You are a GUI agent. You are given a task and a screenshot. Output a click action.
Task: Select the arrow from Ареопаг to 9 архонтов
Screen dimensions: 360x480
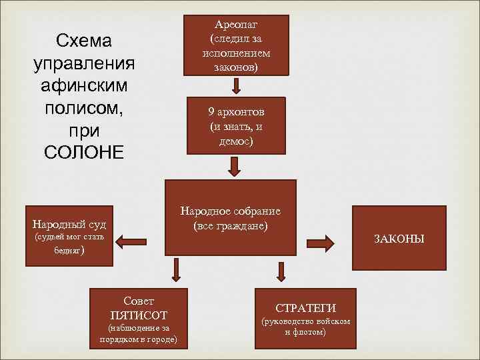click(x=236, y=85)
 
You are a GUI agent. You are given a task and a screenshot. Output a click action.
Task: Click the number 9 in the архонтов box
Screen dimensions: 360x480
click(x=210, y=112)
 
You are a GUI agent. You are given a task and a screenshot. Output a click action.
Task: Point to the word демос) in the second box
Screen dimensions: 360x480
click(x=236, y=141)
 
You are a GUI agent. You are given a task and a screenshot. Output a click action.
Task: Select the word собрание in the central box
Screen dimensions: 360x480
click(x=255, y=211)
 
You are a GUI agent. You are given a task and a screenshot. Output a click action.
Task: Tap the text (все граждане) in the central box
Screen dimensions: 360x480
click(x=231, y=226)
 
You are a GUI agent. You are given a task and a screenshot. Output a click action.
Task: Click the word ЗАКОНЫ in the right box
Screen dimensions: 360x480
click(x=399, y=239)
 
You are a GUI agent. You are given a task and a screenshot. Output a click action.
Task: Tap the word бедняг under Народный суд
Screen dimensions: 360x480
click(x=67, y=253)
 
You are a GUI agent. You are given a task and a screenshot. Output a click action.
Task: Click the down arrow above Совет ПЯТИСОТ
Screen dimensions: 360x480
click(x=177, y=269)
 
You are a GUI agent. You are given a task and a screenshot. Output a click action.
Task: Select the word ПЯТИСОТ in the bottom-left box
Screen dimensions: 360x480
click(x=139, y=315)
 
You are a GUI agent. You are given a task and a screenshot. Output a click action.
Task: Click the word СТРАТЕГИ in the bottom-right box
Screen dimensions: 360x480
click(x=306, y=308)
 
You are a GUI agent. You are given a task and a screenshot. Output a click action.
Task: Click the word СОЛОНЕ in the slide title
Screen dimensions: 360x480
click(x=84, y=152)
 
